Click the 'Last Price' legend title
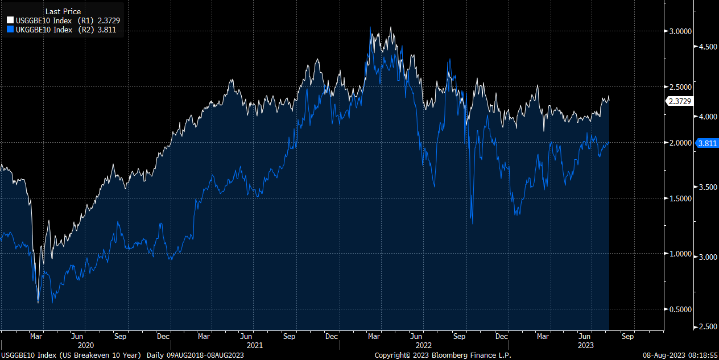(x=63, y=11)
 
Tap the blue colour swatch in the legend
(x=10, y=30)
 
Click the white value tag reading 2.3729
(x=679, y=101)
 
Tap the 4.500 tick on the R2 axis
(x=708, y=47)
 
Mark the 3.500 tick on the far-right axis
(x=708, y=187)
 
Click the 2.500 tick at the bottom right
(x=708, y=326)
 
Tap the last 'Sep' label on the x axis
(x=627, y=336)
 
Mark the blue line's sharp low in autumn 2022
(x=473, y=223)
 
